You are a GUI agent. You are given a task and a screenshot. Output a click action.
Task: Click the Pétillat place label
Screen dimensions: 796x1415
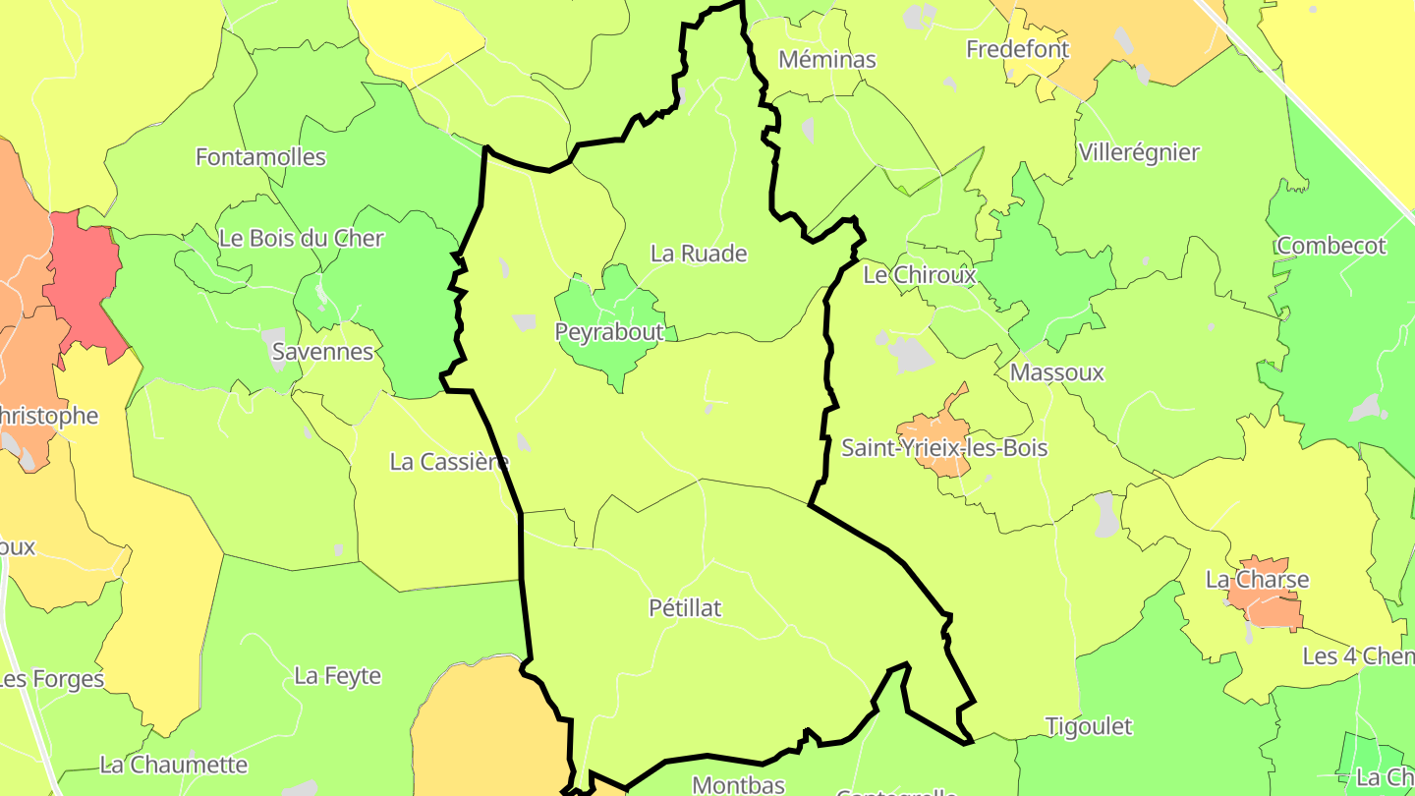(685, 608)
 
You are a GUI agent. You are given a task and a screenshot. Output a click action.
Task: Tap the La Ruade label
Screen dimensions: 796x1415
(699, 254)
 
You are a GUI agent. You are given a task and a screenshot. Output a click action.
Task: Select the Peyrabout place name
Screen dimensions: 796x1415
(609, 332)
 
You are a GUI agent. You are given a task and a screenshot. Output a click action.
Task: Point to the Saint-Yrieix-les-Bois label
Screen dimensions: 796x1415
(944, 448)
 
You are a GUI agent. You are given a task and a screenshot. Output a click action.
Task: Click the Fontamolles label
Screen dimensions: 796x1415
(260, 156)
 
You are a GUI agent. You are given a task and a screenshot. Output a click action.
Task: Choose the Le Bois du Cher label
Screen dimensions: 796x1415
(301, 238)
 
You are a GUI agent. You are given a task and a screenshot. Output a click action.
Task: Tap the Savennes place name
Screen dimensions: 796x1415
(322, 352)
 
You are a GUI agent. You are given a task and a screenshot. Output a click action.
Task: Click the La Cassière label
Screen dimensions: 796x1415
(449, 461)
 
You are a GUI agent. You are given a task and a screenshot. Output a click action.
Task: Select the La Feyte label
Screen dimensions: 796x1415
(337, 676)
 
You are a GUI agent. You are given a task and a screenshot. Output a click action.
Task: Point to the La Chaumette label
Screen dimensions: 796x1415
(174, 765)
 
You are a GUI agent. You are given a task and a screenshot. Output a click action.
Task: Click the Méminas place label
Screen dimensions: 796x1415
(826, 59)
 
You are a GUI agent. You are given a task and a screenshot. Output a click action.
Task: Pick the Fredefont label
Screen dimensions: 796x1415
(1017, 48)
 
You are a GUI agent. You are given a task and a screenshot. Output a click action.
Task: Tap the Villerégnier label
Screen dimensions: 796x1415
(1139, 152)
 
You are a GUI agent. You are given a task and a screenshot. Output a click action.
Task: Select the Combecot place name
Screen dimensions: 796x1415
(1331, 246)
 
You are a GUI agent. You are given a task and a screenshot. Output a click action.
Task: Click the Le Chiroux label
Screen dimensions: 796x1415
(920, 275)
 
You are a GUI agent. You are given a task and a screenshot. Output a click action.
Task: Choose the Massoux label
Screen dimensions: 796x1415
(1057, 372)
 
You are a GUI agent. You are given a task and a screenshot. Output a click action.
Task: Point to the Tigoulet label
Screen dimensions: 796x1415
(1088, 726)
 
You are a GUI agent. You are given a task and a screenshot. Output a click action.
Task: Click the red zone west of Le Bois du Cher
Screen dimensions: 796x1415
(84, 280)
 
